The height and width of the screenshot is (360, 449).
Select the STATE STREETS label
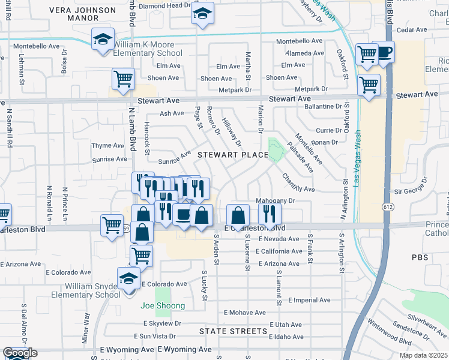coord(234,331)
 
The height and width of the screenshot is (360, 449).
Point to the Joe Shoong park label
coord(163,305)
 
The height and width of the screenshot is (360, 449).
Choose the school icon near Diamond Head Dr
coord(203,13)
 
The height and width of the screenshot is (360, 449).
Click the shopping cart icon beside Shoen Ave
coord(123,79)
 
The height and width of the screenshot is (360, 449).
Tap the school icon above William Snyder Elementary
coord(128,279)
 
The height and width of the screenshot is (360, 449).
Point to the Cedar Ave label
coord(411,29)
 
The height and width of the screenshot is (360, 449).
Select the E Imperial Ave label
coord(309,300)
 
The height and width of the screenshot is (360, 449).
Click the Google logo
coord(19,353)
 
